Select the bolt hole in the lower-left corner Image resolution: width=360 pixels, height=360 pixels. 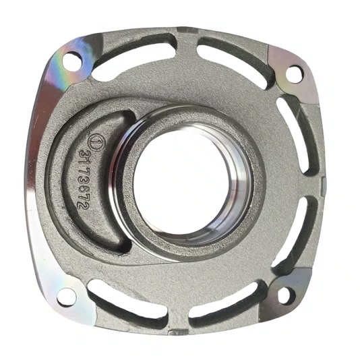(x=65, y=297)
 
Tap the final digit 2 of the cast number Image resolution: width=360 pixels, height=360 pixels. (x=79, y=206)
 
